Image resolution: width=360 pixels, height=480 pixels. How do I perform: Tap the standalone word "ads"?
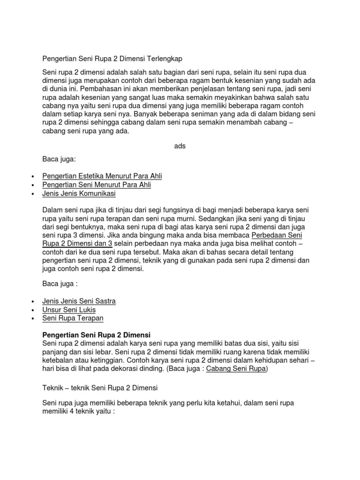pyautogui.click(x=180, y=146)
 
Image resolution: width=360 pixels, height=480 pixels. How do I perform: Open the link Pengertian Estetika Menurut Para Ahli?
pyautogui.click(x=102, y=176)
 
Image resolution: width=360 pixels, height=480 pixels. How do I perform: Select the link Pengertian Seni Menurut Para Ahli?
pyautogui.click(x=97, y=185)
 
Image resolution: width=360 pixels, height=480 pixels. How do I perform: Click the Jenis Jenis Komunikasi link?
pyautogui.click(x=79, y=193)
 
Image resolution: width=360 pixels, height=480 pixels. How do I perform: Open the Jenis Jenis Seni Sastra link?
pyautogui.click(x=79, y=301)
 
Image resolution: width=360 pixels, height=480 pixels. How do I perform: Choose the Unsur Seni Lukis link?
pyautogui.click(x=69, y=309)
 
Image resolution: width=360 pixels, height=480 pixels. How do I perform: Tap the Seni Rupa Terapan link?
pyautogui.click(x=73, y=318)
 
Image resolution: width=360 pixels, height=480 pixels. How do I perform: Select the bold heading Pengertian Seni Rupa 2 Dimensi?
pyautogui.click(x=96, y=335)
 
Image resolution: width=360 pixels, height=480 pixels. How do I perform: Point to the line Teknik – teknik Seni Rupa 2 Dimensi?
pyautogui.click(x=100, y=388)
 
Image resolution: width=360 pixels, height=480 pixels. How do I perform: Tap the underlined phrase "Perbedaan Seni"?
pyautogui.click(x=277, y=235)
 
